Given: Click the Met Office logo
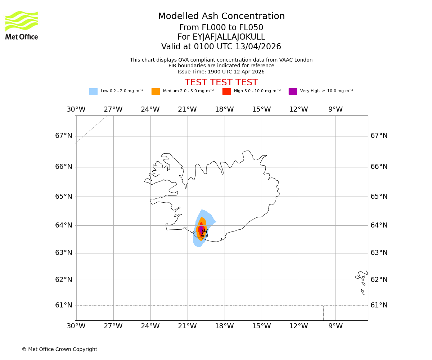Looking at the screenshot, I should point(22,25).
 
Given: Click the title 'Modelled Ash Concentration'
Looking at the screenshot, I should point(221,17).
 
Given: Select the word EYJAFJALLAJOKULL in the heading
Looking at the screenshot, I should point(229,37).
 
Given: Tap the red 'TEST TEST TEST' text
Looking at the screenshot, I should point(221,82).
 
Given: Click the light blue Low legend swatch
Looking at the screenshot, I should point(93,91).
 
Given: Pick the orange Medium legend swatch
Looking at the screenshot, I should point(156,91).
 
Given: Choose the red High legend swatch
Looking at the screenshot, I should point(226,91).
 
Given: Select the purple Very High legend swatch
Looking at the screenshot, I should point(293,91).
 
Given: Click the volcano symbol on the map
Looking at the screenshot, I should point(204,233).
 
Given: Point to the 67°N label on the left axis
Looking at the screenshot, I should point(64,136).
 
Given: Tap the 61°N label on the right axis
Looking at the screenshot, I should point(379,305).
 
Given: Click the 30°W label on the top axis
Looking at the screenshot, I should point(76,109).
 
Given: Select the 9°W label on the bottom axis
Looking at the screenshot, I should point(336,326).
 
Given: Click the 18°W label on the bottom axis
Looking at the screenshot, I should point(224,326).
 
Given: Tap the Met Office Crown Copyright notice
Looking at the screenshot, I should point(59,350).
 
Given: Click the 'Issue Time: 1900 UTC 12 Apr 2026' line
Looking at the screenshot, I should point(221,72).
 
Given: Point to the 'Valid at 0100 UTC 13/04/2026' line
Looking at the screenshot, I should point(221,47).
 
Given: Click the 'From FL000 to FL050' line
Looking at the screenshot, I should point(221,28).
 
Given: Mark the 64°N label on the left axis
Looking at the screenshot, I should point(64,225).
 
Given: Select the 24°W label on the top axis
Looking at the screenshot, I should point(150,109).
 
